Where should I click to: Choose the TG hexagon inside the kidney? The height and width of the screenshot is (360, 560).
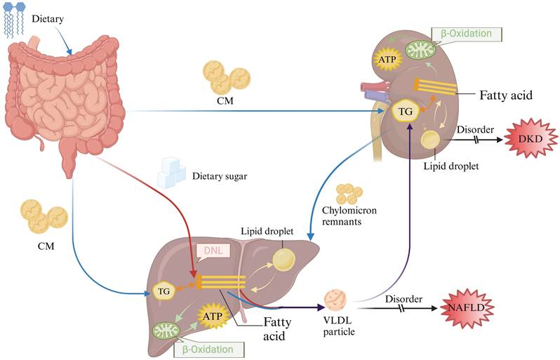[405, 111]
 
